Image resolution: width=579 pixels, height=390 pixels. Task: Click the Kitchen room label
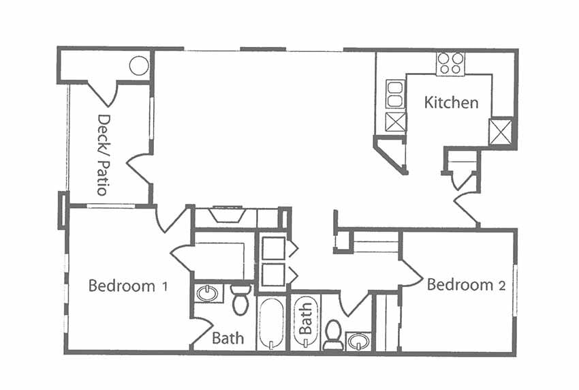pos(451,103)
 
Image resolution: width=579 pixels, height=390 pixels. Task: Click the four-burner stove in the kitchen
pos(450,63)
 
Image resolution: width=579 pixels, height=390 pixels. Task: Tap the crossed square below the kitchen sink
pos(395,123)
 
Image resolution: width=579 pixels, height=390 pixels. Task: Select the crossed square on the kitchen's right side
pos(501,131)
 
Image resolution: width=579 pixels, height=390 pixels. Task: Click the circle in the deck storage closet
pos(139,66)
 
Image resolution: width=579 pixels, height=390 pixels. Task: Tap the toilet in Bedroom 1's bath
pos(240,300)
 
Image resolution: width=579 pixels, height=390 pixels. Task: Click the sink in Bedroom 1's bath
pos(207,294)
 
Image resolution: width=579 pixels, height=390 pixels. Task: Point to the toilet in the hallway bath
pos(333,334)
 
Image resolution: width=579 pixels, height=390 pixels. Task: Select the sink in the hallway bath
pos(358,340)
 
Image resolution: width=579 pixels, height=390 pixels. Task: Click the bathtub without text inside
pos(272,323)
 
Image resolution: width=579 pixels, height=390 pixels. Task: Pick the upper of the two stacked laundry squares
pos(272,249)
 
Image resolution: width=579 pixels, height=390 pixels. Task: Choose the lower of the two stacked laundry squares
pos(272,274)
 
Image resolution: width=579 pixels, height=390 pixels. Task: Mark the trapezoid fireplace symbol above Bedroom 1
pos(227,215)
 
